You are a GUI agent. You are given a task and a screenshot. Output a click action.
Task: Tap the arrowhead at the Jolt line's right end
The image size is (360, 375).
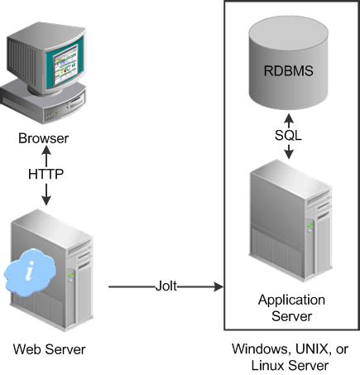tap(221, 287)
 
